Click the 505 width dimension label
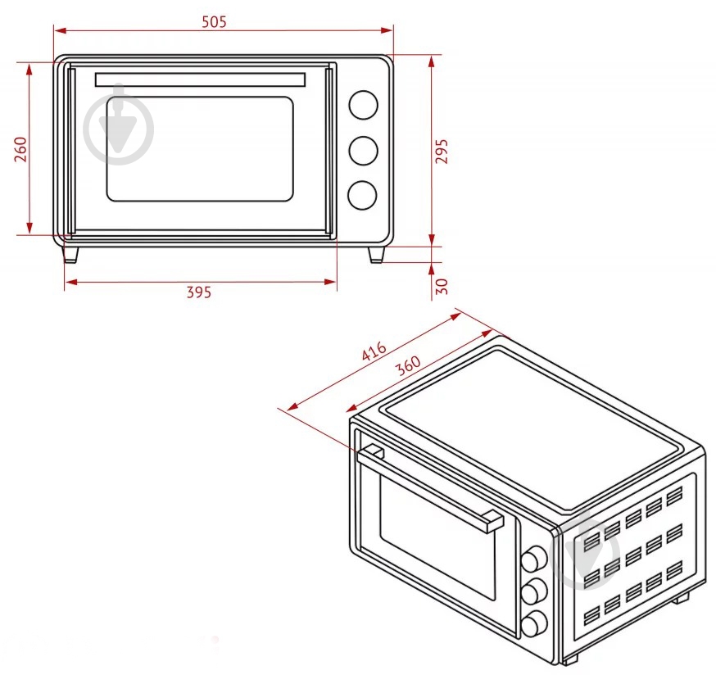click(214, 22)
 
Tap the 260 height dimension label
click(20, 149)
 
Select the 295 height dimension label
click(442, 151)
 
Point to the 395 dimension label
click(198, 292)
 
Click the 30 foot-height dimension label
click(442, 286)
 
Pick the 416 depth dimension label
click(374, 351)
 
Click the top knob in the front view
click(362, 105)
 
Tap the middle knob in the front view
click(362, 150)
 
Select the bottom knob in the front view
click(362, 195)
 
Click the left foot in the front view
click(71, 255)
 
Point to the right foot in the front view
click(376, 255)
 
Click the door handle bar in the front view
click(200, 79)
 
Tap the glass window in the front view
click(200, 149)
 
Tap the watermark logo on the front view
click(119, 125)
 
